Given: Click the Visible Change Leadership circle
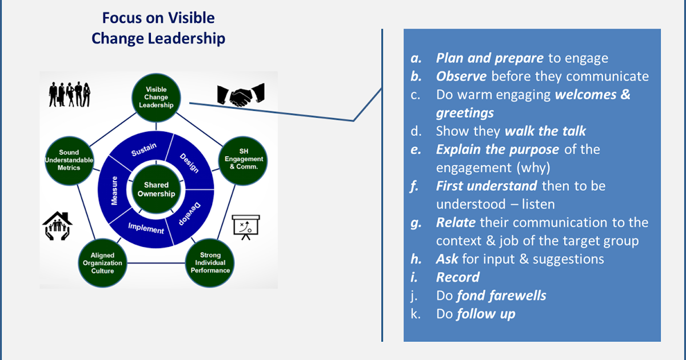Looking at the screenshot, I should pos(156,97).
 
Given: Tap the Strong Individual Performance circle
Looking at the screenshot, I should pos(210,263).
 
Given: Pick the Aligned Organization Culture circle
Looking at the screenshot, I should pos(102,263).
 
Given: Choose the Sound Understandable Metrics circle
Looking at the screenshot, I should pos(69,160).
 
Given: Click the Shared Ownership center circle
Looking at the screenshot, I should pos(156,189).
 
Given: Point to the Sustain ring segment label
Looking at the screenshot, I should pos(143,150).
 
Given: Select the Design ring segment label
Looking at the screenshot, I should pos(189,163).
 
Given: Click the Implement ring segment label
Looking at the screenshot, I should pos(146,229).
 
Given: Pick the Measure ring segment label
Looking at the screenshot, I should pos(114,190).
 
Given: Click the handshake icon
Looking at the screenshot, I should pos(240,95).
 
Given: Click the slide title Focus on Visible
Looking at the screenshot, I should pos(158,18).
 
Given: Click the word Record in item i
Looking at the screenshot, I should pos(457,277).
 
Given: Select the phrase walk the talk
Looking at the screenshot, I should pos(545,131).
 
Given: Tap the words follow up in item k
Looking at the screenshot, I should pos(485,314).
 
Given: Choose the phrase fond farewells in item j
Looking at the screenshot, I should pos(501,295).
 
